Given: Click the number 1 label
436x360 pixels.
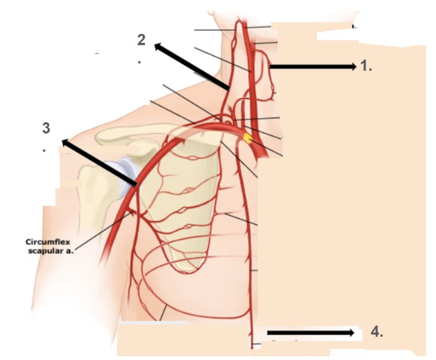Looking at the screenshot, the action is pyautogui.click(x=366, y=66).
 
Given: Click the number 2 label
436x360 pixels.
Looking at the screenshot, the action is pyautogui.click(x=141, y=40).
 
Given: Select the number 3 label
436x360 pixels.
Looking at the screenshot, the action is pyautogui.click(x=46, y=128).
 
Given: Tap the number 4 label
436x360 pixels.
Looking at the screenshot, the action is pyautogui.click(x=377, y=332).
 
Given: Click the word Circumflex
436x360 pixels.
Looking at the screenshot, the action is pyautogui.click(x=48, y=242).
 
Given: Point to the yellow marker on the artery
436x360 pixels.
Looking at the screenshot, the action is pyautogui.click(x=247, y=138).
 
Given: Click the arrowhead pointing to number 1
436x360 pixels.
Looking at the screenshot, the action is pyautogui.click(x=353, y=66).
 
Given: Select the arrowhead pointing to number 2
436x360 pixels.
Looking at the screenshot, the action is pyautogui.click(x=158, y=47).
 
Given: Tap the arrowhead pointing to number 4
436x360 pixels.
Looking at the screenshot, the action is pyautogui.click(x=351, y=333).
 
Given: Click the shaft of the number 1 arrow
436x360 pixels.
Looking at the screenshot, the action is pyautogui.click(x=310, y=66).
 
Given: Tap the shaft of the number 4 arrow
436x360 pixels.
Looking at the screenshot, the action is pyautogui.click(x=308, y=333).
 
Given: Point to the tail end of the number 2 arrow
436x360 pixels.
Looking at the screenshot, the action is pyautogui.click(x=228, y=88).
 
